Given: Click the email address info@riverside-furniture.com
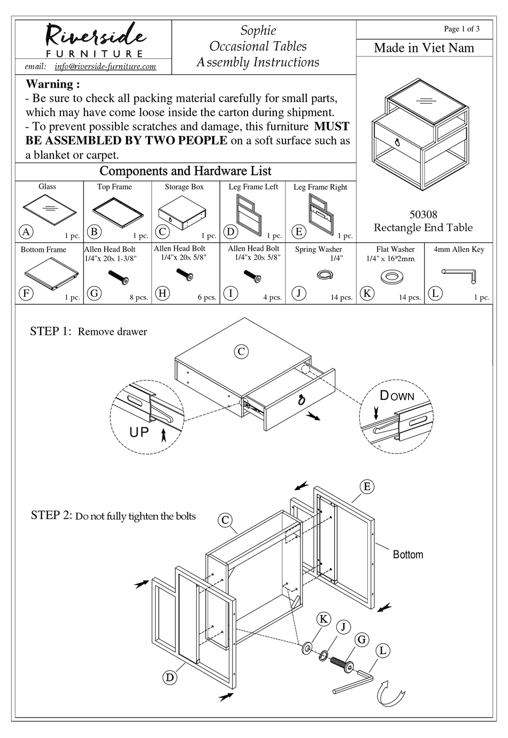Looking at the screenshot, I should [x=105, y=66].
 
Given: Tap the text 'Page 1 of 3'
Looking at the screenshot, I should [x=461, y=29].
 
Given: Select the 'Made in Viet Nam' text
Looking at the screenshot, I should [x=424, y=48].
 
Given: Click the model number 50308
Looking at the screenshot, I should [x=423, y=214].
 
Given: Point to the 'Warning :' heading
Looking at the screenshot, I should [x=53, y=84].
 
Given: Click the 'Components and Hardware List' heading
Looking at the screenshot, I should [x=186, y=171].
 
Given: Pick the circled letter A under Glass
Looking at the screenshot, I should [x=26, y=232].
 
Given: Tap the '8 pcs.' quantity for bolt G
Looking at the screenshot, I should [x=138, y=297].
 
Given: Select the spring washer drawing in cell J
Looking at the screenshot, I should [x=324, y=274].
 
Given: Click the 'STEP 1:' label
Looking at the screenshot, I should [x=50, y=332].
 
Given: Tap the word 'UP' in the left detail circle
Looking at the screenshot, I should [x=139, y=432].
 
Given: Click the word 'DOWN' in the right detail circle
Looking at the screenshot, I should [x=397, y=396].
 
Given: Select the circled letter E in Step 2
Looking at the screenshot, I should [x=367, y=487].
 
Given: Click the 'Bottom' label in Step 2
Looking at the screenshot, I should [x=407, y=555].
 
